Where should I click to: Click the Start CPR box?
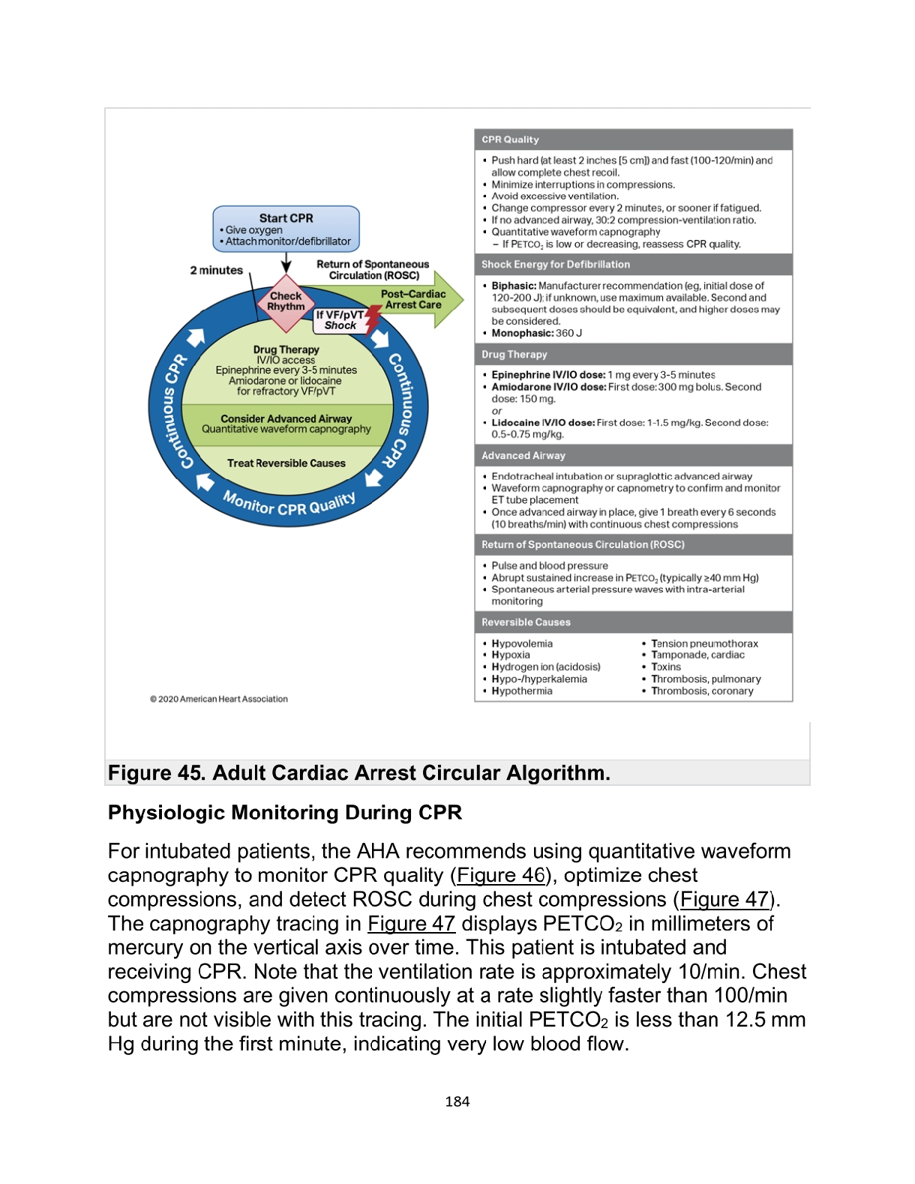[286, 229]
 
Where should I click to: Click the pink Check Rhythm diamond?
[286, 301]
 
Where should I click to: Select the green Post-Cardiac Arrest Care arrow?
[420, 300]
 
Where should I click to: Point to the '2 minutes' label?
[216, 270]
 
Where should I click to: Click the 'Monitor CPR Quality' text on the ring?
[289, 505]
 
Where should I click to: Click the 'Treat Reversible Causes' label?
[286, 463]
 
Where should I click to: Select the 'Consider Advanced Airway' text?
[286, 418]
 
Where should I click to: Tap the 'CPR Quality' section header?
[510, 139]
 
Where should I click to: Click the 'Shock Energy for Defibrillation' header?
[556, 265]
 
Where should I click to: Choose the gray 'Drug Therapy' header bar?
[633, 355]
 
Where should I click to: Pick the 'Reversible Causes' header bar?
[633, 622]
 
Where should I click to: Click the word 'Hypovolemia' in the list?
[522, 643]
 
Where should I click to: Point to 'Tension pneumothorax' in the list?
[704, 643]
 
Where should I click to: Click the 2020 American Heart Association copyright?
[219, 699]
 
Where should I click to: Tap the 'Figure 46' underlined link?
[500, 875]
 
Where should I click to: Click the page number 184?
[457, 1102]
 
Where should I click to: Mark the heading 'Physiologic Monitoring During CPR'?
[285, 813]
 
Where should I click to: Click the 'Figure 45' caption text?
[358, 773]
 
